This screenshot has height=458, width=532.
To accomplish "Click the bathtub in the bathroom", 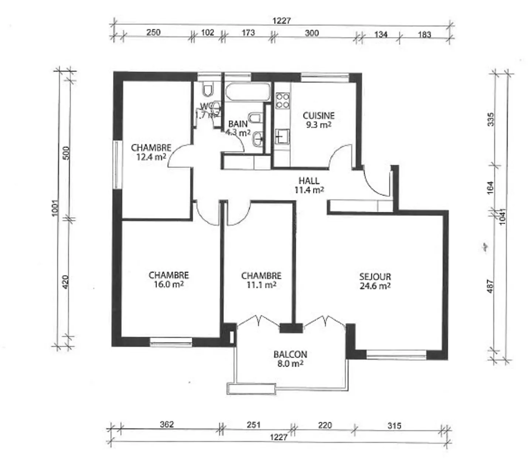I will click(248, 92).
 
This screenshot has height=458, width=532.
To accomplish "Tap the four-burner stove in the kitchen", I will click(283, 101).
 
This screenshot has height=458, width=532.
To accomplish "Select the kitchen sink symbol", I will click(283, 136).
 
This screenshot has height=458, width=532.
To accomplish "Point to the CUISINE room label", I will click(318, 116).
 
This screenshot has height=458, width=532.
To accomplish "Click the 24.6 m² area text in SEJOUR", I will click(375, 286).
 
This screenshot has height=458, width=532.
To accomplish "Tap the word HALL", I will click(309, 181).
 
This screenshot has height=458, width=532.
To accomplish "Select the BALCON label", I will click(290, 354).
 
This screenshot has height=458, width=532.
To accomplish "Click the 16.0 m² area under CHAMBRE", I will click(168, 284).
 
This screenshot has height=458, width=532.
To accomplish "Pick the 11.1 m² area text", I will click(261, 285).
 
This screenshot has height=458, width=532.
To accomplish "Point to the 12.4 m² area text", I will click(151, 157).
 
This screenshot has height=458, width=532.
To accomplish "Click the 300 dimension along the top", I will click(311, 33).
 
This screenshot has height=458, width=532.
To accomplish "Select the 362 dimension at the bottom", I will click(167, 424).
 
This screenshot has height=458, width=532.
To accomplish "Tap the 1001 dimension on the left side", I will click(55, 208).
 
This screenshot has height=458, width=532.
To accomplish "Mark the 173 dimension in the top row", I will click(248, 33).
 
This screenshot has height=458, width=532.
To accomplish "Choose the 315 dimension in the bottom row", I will click(394, 425).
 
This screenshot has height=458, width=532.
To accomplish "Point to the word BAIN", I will click(238, 124).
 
